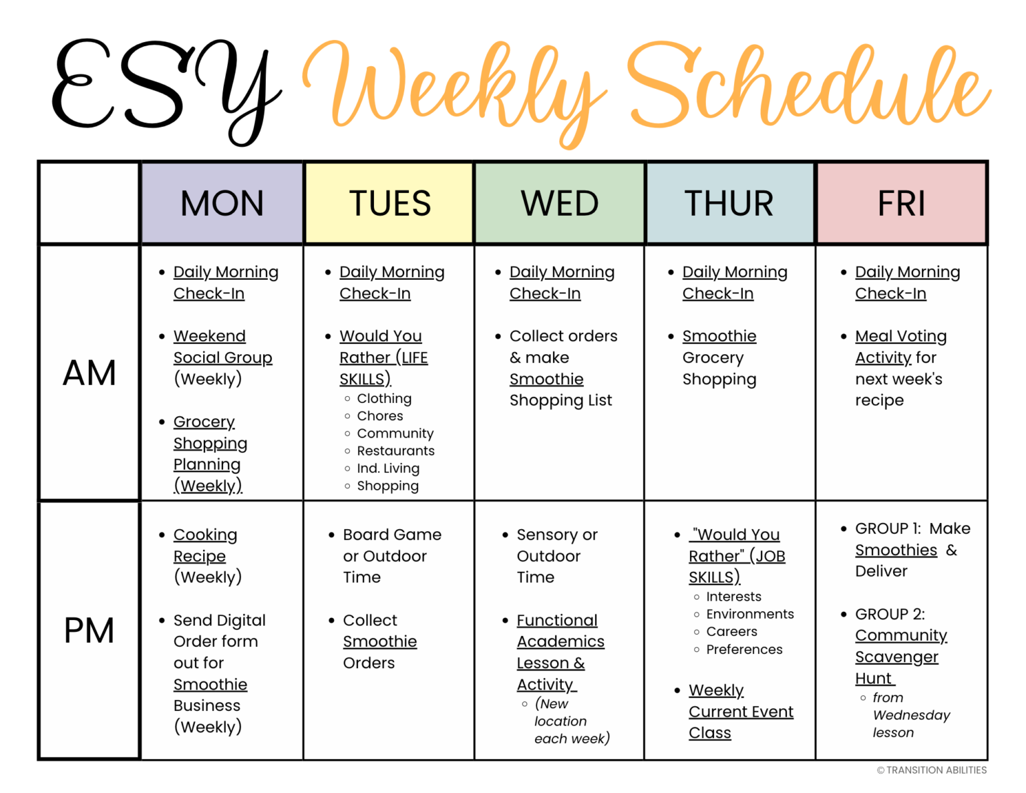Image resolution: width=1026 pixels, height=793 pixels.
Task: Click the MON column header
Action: (222, 203)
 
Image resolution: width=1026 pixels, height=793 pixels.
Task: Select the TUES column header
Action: (389, 203)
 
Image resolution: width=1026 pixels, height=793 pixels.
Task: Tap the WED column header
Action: (560, 203)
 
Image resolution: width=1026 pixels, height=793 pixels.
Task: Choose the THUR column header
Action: (729, 203)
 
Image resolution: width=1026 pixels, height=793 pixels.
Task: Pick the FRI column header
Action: (901, 203)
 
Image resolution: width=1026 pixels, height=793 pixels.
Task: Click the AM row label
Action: (90, 373)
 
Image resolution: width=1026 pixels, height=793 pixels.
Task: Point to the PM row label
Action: (90, 630)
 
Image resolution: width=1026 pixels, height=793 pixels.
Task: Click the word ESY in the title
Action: (164, 90)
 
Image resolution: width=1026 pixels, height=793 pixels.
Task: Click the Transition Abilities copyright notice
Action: (932, 770)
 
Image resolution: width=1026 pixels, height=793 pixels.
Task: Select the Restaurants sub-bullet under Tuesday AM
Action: (395, 451)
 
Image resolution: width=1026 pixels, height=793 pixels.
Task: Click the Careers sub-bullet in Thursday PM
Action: (731, 631)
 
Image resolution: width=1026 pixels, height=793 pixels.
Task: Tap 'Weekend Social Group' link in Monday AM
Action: (222, 347)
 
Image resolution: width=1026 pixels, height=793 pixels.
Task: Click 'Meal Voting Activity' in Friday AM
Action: (900, 347)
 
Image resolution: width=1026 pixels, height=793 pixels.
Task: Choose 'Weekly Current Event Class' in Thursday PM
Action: (740, 711)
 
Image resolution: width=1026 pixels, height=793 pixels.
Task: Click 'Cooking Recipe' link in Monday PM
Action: (204, 545)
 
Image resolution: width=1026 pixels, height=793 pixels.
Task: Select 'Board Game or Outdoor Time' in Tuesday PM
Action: (391, 556)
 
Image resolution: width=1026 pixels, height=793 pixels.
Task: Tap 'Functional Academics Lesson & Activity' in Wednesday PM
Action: (560, 652)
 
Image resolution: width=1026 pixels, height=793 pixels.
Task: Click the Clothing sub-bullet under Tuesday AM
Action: (384, 399)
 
